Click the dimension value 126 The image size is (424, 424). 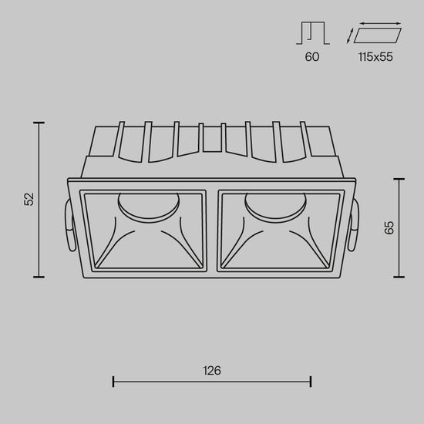tap(212, 371)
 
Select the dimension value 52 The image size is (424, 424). tap(29, 199)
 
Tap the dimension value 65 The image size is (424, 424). tap(389, 227)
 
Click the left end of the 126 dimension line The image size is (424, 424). tap(114, 381)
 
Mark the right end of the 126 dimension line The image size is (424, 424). tap(310, 381)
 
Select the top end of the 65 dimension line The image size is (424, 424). tap(399, 179)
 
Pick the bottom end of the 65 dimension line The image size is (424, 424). tap(399, 277)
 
